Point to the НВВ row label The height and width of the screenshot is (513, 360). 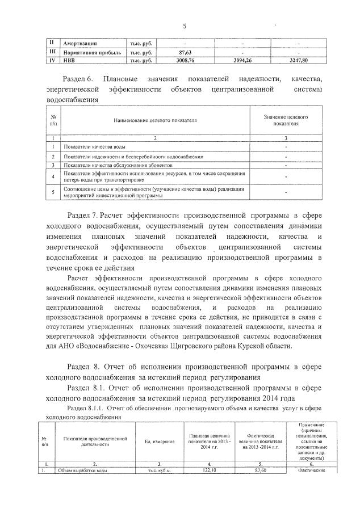tap(70, 59)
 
